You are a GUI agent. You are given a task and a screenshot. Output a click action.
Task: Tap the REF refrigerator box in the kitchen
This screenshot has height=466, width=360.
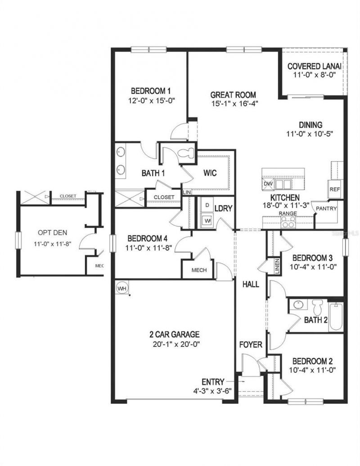tap(334, 189)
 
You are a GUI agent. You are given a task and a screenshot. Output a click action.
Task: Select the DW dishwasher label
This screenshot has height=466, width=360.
tap(268, 184)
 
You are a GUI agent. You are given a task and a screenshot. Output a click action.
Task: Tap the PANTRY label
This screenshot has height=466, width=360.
tap(324, 209)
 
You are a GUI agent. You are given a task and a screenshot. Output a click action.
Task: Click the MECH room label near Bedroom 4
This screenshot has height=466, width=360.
tap(199, 270)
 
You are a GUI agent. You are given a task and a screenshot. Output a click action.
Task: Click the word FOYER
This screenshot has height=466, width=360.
tap(251, 346)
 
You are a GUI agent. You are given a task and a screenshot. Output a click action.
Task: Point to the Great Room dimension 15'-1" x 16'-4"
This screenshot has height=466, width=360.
tap(234, 103)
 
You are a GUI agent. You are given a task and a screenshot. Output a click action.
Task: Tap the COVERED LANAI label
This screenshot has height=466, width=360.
tap(315, 67)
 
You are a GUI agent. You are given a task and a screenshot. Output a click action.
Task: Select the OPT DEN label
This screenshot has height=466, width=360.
tap(51, 234)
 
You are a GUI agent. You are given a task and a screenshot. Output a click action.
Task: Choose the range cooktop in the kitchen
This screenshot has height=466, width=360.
tap(288, 221)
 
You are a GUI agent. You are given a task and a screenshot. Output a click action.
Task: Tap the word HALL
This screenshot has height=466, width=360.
tap(251, 284)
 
